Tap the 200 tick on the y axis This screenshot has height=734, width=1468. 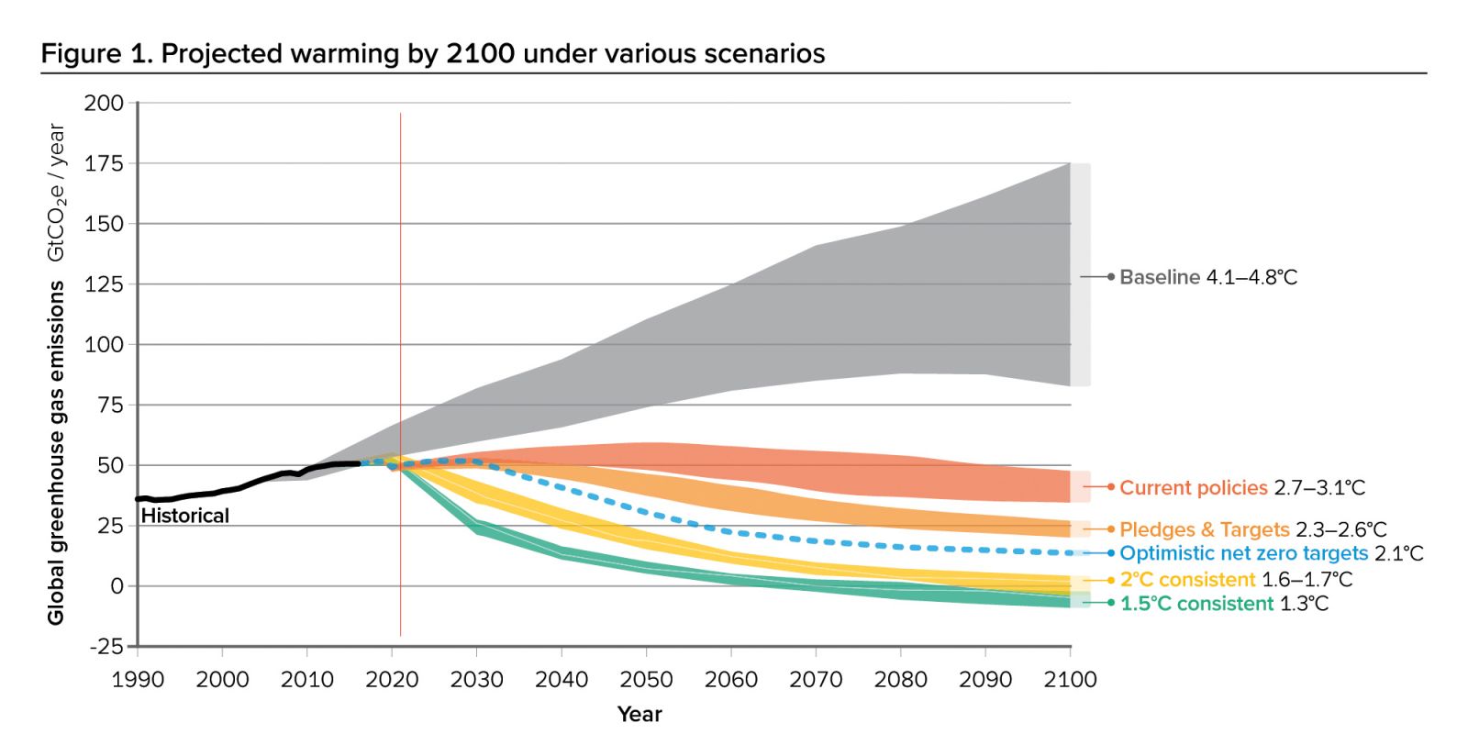[x=104, y=104]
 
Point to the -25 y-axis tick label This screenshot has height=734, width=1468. [x=106, y=647]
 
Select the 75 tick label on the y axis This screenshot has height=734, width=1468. [x=110, y=406]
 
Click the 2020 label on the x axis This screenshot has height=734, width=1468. [x=392, y=680]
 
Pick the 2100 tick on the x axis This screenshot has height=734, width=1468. [x=1070, y=680]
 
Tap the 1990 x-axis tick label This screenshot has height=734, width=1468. [x=138, y=680]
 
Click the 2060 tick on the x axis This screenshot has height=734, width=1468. [x=731, y=680]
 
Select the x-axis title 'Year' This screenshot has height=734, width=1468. [x=639, y=714]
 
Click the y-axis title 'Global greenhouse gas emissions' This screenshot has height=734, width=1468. [x=56, y=453]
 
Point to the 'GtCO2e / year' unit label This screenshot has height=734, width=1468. [x=56, y=193]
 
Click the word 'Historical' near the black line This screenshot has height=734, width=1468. [x=184, y=516]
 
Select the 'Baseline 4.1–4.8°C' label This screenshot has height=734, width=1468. [x=1208, y=277]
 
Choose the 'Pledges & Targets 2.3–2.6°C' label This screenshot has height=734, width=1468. [x=1252, y=529]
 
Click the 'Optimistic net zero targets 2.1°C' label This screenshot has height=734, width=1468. [x=1271, y=553]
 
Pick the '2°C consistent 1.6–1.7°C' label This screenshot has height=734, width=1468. [x=1235, y=579]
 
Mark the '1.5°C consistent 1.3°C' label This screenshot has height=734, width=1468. [x=1223, y=604]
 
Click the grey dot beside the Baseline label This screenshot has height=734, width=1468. [x=1111, y=276]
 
